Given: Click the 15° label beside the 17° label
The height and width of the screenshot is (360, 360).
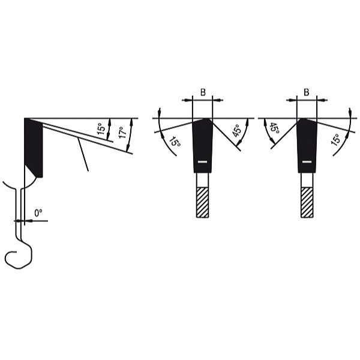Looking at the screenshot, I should pyautogui.click(x=100, y=129).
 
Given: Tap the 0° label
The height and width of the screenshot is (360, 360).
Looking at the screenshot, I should pyautogui.click(x=38, y=213).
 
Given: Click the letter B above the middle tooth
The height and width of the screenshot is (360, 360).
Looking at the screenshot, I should pyautogui.click(x=203, y=92).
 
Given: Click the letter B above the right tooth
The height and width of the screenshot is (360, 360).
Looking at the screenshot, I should pyautogui.click(x=307, y=92).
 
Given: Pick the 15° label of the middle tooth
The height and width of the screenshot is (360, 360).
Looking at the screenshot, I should pyautogui.click(x=174, y=143).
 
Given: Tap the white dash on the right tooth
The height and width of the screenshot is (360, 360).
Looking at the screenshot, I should pyautogui.click(x=307, y=162).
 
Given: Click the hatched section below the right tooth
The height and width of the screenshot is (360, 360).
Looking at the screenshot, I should pyautogui.click(x=307, y=202).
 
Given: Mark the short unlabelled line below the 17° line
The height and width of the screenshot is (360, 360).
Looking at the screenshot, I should pyautogui.click(x=83, y=154).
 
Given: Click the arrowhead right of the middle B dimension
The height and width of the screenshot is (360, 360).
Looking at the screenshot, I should pyautogui.click(x=217, y=100).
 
